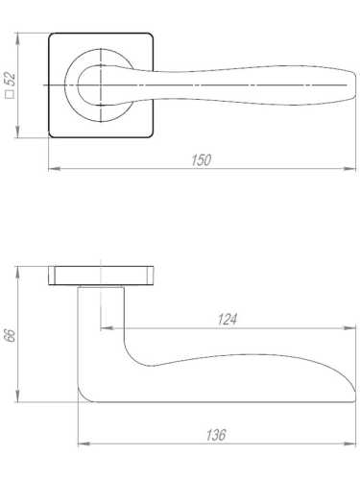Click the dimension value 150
202,160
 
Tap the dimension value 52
12,79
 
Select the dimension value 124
228,320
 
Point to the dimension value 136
216,435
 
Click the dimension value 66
12,336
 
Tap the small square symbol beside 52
12,94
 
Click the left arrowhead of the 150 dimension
54,169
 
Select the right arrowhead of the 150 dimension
349,169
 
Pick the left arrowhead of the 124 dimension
107,327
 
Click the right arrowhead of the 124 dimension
349,327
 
